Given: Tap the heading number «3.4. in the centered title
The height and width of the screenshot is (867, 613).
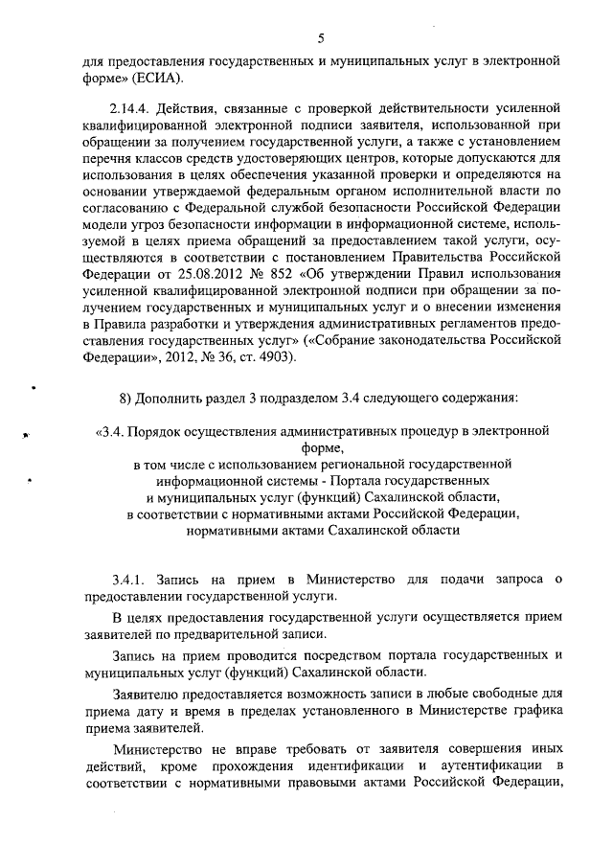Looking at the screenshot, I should (113, 431).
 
